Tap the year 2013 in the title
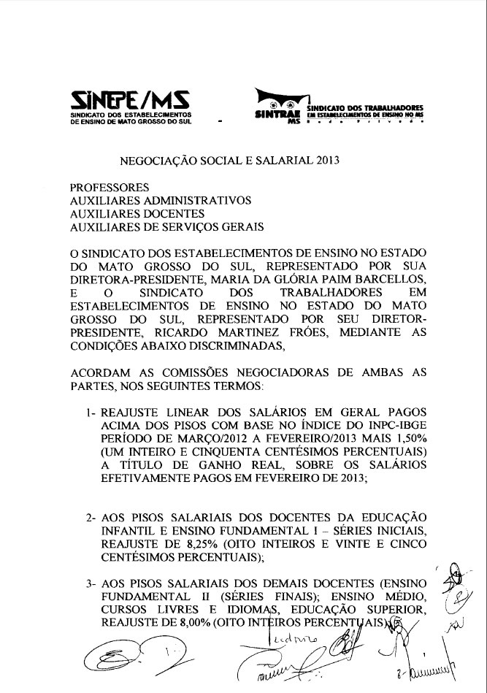(328, 157)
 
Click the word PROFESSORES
(109, 187)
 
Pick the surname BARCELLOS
(387, 278)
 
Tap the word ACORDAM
(102, 372)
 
